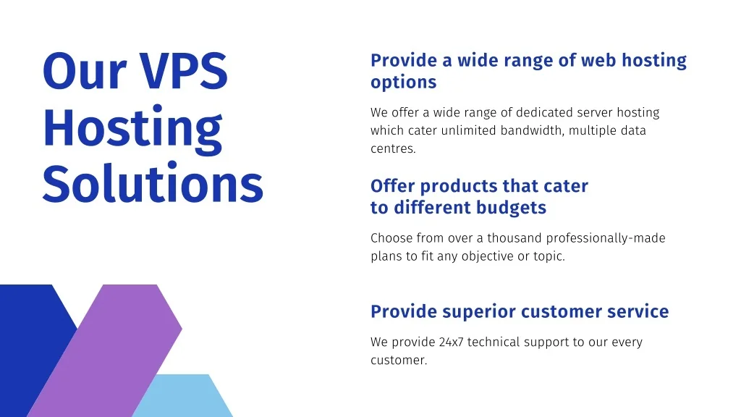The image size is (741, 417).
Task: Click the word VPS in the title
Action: tap(183, 70)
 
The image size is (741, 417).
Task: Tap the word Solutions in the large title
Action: tap(153, 183)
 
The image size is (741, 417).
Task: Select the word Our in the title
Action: tap(85, 71)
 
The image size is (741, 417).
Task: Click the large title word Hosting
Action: tap(132, 127)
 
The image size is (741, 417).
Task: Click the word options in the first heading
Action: tap(403, 83)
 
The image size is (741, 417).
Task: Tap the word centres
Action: tap(393, 149)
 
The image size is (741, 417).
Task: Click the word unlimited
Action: tap(468, 130)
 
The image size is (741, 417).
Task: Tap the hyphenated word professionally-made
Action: tap(606, 238)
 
